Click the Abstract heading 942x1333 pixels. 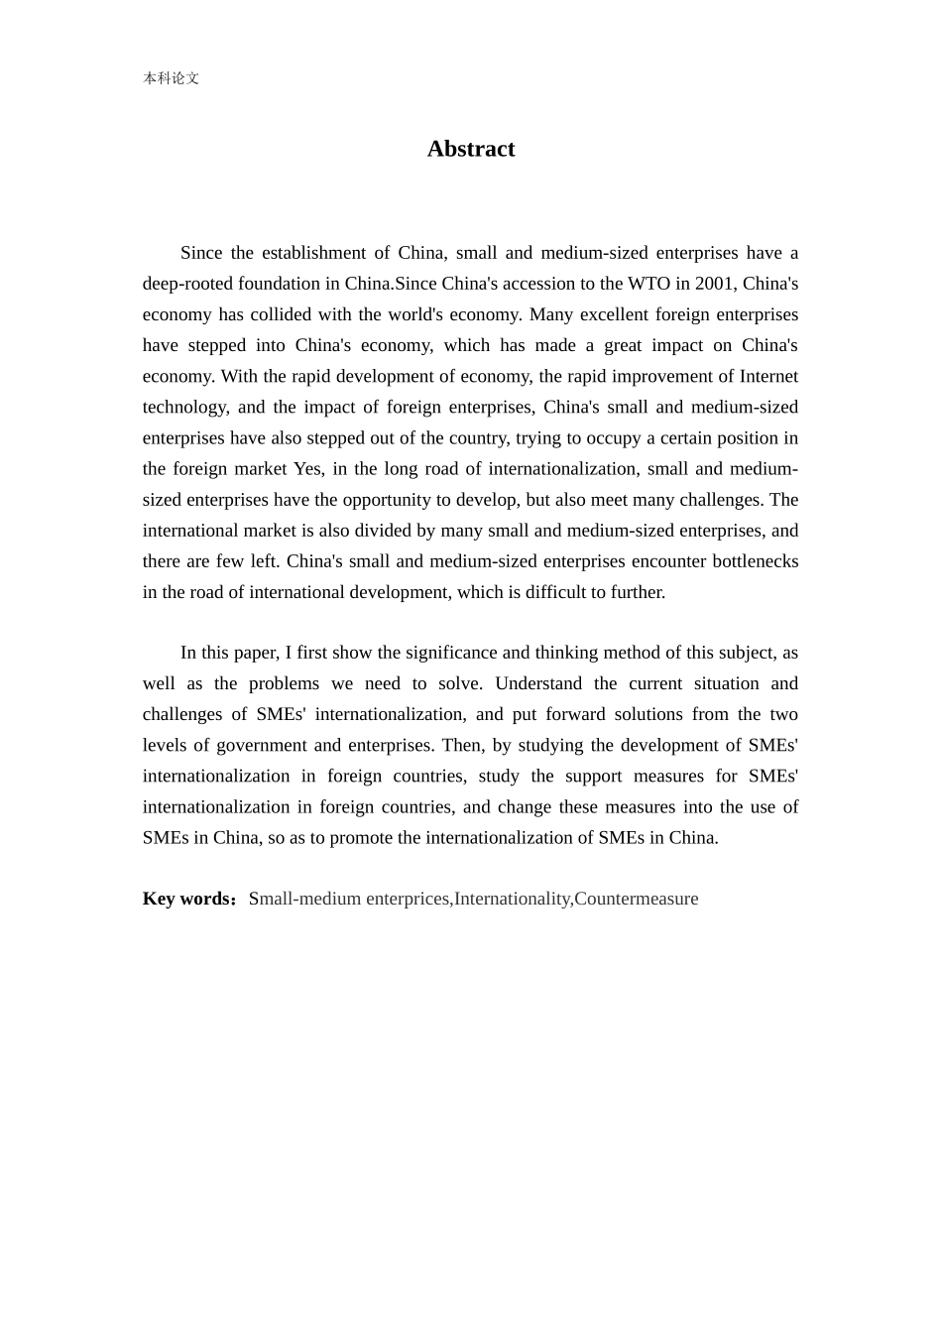click(x=471, y=149)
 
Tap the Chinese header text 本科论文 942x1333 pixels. click(x=171, y=78)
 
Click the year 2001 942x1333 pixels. click(x=714, y=284)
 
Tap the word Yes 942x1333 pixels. click(x=308, y=468)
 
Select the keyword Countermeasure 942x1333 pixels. click(x=636, y=899)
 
